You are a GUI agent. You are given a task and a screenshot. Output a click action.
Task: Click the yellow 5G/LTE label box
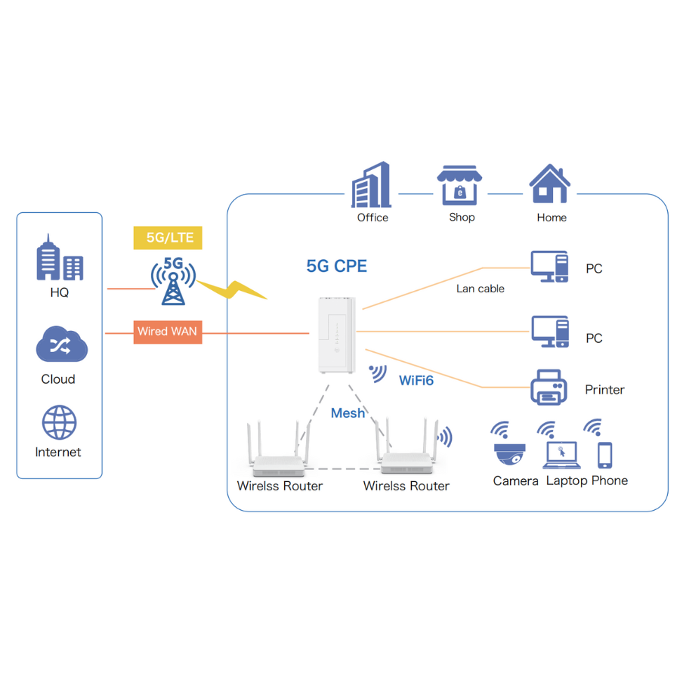point(168,238)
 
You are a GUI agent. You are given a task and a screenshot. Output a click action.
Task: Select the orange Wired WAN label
point(168,332)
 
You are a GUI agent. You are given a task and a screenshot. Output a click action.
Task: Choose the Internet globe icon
point(60,423)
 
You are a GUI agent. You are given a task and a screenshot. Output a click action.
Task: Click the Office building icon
point(372,185)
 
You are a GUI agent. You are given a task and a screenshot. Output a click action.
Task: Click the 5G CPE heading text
point(337,266)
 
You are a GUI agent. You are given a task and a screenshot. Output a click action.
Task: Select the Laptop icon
point(560,456)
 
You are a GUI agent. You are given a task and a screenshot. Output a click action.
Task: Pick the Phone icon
point(604,455)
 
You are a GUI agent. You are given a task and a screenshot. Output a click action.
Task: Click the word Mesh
point(348,413)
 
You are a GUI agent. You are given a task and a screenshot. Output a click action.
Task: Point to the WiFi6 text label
point(416,380)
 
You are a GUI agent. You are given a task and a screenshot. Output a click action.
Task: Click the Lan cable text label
point(481,289)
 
